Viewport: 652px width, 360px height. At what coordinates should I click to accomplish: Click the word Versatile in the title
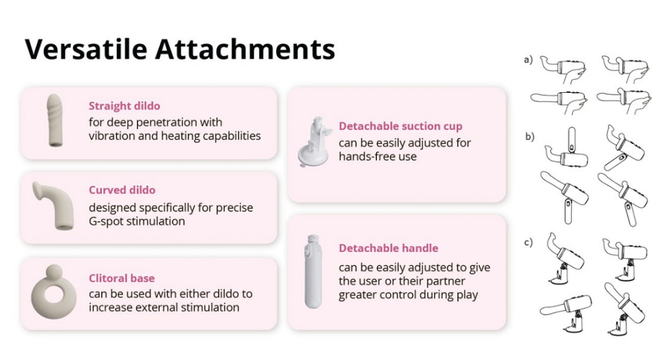86,49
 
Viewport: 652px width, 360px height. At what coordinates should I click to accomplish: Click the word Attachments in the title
245,49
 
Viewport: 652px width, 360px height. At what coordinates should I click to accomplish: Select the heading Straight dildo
125,106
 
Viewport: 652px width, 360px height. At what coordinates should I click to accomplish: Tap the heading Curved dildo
122,190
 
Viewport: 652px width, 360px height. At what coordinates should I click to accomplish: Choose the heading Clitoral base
122,278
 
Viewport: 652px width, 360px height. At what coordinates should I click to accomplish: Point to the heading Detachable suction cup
400,126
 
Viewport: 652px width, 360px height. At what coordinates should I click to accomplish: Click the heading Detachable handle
389,248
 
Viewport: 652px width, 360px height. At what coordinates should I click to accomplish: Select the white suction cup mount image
315,141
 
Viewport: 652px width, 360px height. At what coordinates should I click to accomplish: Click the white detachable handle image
313,272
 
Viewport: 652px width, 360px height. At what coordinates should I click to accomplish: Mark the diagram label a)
528,60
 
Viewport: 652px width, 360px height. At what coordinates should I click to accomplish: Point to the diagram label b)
529,136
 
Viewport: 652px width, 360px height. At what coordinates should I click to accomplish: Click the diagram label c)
528,242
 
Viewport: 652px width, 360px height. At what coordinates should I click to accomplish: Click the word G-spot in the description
106,221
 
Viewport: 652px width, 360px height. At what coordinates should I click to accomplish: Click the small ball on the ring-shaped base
54,273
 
